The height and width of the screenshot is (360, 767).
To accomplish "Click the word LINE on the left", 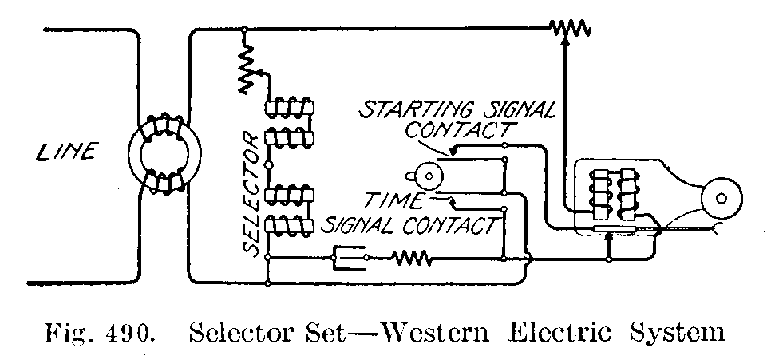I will (x=67, y=150).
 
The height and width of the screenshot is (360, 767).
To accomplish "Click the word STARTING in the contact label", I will (x=405, y=109).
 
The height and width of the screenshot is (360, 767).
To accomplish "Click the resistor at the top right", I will (x=569, y=30).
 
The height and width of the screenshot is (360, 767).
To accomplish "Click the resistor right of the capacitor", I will (x=411, y=257).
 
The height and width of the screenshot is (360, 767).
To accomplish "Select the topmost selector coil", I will (x=290, y=107).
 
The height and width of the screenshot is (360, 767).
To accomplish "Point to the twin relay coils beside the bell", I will (x=612, y=195).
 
